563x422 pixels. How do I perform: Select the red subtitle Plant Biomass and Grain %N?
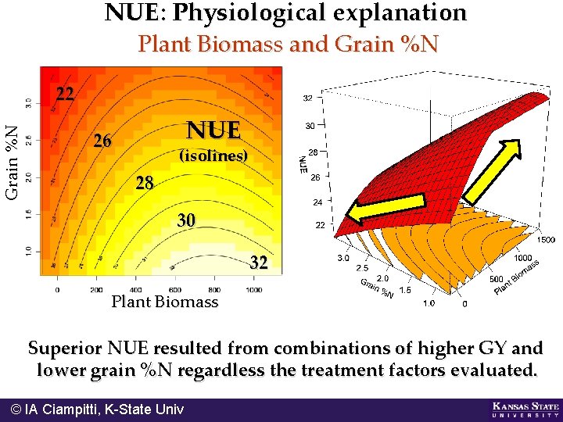tap(288, 45)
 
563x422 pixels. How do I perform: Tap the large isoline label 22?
tap(65, 95)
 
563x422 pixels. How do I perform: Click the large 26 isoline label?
tap(102, 141)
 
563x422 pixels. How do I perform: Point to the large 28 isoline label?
tap(145, 184)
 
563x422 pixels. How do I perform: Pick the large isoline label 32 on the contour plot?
tap(259, 263)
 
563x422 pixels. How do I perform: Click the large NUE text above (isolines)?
tap(213, 129)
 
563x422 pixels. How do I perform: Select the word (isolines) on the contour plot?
tap(213, 156)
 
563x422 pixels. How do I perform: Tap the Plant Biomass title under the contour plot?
tap(165, 302)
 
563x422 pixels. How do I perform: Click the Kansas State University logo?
tap(525, 409)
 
